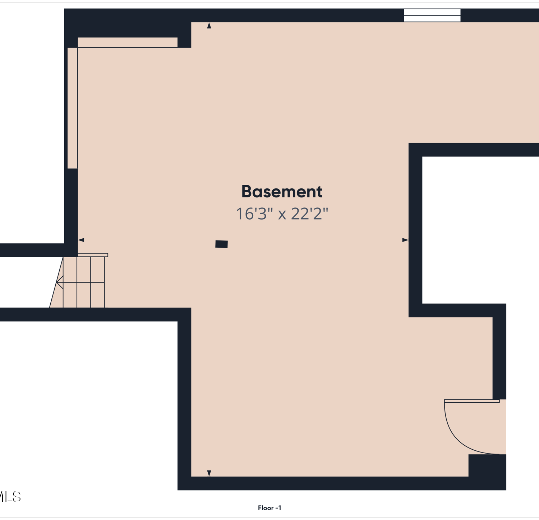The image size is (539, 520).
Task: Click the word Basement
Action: (x=282, y=191)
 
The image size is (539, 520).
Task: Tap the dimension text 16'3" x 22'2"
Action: (x=282, y=214)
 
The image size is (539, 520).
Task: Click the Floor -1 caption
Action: (x=269, y=508)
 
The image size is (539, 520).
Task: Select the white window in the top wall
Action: (x=432, y=15)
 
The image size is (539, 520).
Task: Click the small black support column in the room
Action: (x=221, y=244)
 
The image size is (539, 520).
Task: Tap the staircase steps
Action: (x=84, y=282)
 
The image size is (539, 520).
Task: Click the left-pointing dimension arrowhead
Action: (x=81, y=240)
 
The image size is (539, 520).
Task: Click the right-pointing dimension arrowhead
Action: (x=405, y=240)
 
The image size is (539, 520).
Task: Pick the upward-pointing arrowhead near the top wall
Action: (x=209, y=25)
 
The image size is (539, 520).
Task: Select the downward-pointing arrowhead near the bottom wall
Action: (x=209, y=473)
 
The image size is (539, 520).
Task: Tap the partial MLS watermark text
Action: (x=10, y=497)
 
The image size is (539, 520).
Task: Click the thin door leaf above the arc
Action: (x=472, y=401)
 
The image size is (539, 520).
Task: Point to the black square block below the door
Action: (x=487, y=465)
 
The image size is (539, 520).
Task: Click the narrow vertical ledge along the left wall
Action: (x=73, y=108)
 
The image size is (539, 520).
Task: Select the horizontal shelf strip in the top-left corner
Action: (x=128, y=42)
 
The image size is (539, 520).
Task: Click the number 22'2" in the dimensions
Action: (x=309, y=214)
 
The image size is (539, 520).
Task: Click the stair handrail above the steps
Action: (x=93, y=255)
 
